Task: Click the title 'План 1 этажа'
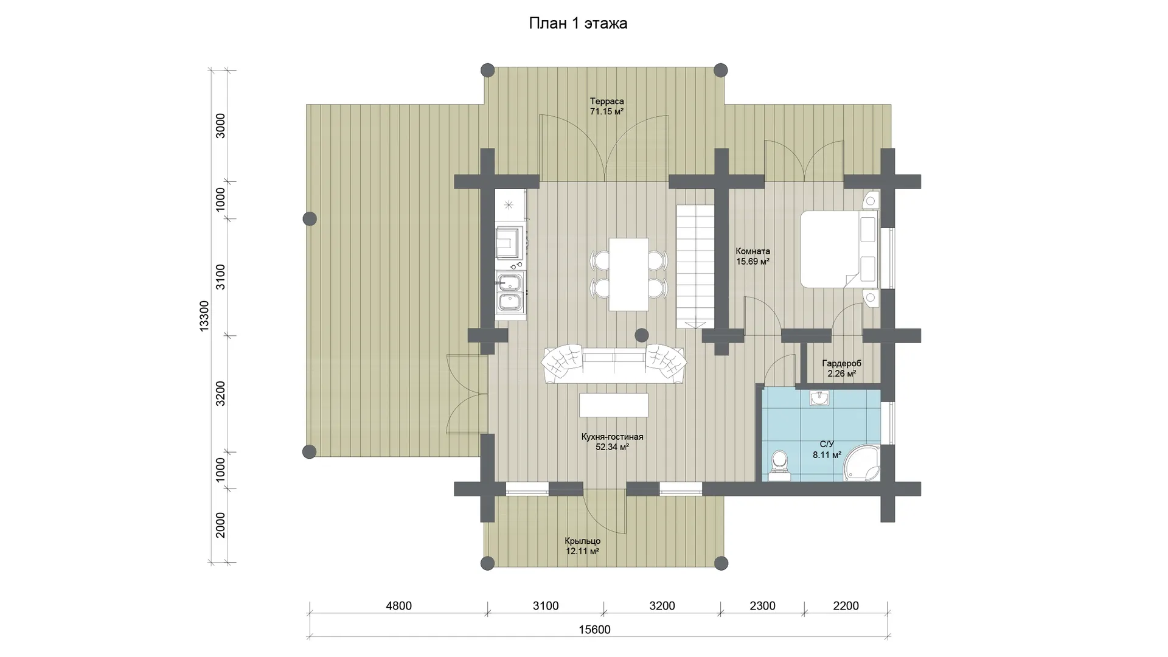pyautogui.click(x=578, y=24)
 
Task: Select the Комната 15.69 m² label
pyautogui.click(x=753, y=256)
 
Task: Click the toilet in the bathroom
pyautogui.click(x=778, y=465)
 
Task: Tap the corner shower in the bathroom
pyautogui.click(x=863, y=463)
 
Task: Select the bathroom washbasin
pyautogui.click(x=819, y=398)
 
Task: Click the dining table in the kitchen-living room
pyautogui.click(x=629, y=274)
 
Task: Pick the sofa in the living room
pyautogui.click(x=614, y=364)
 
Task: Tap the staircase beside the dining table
pyautogui.click(x=695, y=266)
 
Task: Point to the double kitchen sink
pyautogui.click(x=509, y=293)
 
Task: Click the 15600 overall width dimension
pyautogui.click(x=594, y=630)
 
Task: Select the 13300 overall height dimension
pyautogui.click(x=204, y=316)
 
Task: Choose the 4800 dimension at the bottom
pyautogui.click(x=398, y=606)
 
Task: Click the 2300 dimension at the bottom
pyautogui.click(x=762, y=606)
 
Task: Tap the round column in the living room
pyautogui.click(x=642, y=335)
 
